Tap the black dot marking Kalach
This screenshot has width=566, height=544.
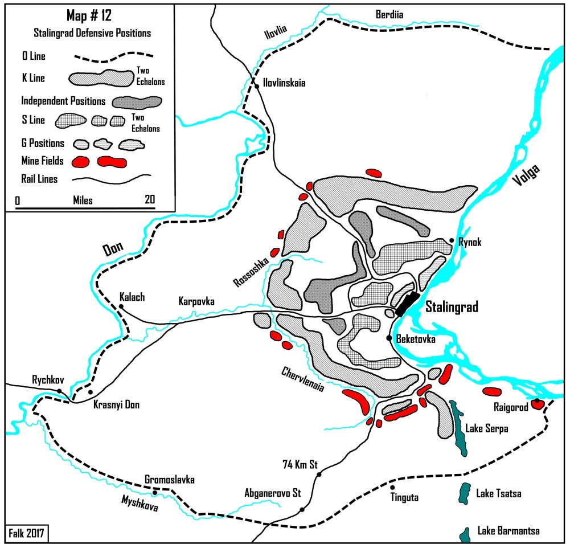point(121,307)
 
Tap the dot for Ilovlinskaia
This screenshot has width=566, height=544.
point(257,86)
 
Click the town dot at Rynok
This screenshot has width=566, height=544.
point(452,241)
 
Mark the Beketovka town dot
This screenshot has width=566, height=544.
point(389,338)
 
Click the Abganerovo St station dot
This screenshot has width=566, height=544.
point(302,509)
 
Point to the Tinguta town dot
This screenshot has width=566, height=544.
point(392,487)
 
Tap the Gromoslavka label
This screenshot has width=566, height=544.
point(170,480)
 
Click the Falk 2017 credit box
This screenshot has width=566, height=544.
point(27,533)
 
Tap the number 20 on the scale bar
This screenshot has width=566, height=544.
point(150,201)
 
